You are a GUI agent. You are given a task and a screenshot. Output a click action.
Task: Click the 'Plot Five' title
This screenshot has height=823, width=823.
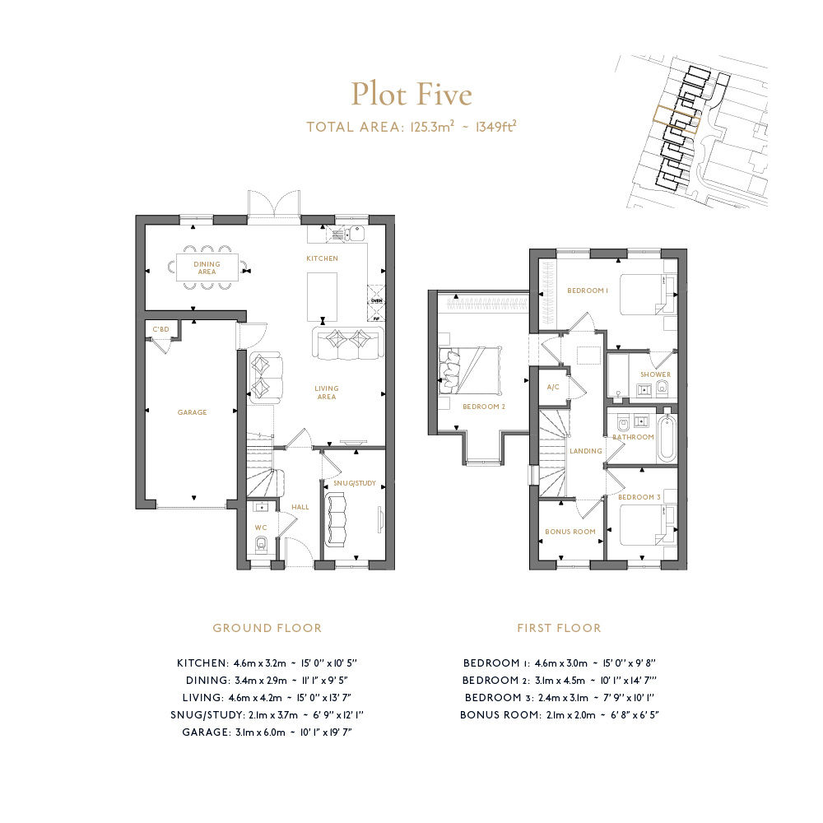tap(411, 95)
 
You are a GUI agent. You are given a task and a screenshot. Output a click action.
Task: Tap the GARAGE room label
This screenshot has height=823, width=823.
tap(192, 412)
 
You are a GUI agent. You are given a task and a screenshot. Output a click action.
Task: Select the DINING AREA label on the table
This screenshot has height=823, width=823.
tap(207, 267)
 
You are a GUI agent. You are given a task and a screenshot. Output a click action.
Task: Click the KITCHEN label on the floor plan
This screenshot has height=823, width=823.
tap(323, 258)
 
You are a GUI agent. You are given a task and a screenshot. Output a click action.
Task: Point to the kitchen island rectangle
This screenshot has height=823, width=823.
tap(323, 296)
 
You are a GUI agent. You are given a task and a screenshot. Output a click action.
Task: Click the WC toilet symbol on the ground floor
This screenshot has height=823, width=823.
tap(261, 544)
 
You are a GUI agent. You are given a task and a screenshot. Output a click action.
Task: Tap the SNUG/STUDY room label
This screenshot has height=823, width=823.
tap(355, 483)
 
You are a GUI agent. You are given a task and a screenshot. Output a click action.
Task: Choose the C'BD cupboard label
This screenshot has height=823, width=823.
tap(160, 330)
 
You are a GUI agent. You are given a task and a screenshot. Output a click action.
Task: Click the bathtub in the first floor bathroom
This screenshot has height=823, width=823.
tap(667, 438)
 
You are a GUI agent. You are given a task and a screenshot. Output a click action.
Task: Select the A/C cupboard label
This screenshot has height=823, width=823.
tap(553, 387)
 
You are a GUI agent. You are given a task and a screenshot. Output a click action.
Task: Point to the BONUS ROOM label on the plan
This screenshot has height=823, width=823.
tap(570, 532)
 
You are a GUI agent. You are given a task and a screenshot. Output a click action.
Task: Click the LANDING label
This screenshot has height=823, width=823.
tap(586, 451)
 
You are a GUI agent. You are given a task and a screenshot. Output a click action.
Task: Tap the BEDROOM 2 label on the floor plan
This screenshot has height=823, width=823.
tap(484, 407)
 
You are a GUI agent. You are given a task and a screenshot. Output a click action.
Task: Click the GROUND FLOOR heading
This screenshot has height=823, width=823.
tap(267, 628)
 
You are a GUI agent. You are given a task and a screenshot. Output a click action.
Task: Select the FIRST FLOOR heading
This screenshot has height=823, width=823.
tap(559, 628)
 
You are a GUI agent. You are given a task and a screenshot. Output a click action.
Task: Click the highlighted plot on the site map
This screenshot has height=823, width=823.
tap(677, 119)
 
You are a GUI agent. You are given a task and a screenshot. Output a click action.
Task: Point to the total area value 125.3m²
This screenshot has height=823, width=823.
tap(433, 127)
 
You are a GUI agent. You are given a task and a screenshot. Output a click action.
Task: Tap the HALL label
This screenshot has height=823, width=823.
tap(300, 507)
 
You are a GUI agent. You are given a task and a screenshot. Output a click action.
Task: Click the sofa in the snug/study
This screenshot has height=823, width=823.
tap(337, 519)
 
